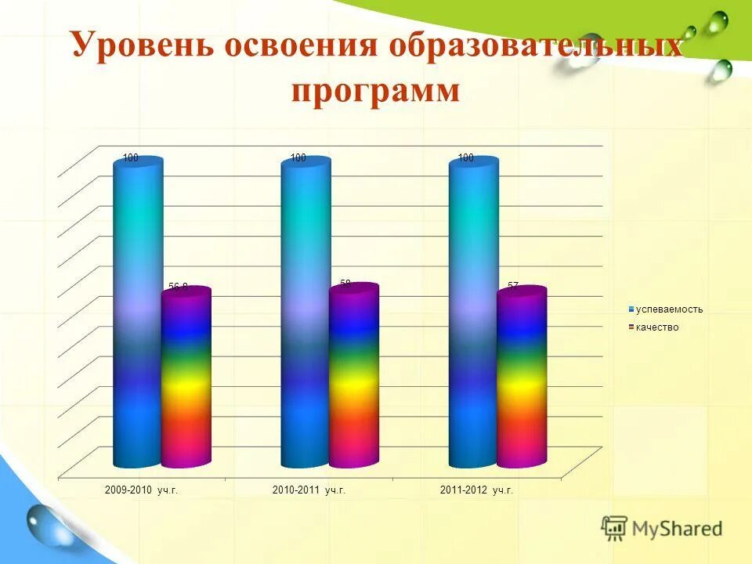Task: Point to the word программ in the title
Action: (x=375, y=90)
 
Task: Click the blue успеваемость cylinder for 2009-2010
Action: (x=138, y=313)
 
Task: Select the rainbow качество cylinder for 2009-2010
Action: (x=186, y=376)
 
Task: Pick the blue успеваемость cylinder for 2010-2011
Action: (x=305, y=313)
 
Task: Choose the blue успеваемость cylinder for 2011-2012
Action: (x=473, y=313)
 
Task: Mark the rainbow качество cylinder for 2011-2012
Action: (x=522, y=376)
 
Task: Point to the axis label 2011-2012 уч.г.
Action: (x=476, y=490)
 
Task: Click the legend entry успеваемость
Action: (x=669, y=309)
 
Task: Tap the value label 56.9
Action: (x=179, y=287)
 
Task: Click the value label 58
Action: (x=345, y=283)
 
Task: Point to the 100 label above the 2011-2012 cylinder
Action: (x=465, y=158)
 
